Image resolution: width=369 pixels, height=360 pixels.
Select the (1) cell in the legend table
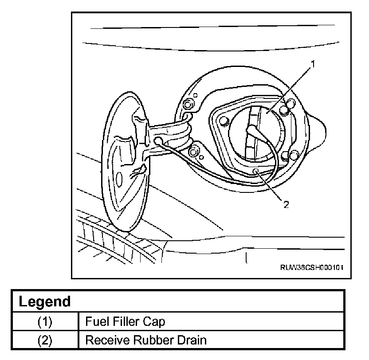tap(45, 321)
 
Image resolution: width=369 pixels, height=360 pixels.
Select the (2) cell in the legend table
tap(45, 340)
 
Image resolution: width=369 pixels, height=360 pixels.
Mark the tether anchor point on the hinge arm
tap(159, 141)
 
